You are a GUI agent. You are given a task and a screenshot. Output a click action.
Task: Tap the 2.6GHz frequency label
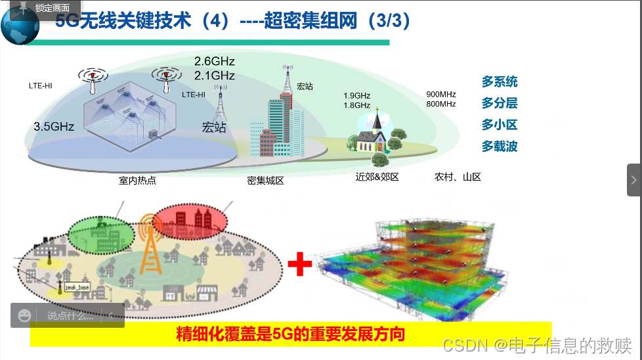214,61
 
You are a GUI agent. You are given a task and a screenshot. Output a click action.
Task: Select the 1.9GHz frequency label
356,95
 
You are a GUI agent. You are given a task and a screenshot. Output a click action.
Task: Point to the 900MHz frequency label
441,94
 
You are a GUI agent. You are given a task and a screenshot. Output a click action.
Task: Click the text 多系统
500,81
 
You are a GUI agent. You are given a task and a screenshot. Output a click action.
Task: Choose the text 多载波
500,146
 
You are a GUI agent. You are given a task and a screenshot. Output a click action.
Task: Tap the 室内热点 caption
137,180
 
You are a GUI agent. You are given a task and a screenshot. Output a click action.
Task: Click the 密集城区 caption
265,180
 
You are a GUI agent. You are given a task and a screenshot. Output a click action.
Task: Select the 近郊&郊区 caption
377,177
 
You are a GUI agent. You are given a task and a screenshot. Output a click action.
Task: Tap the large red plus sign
300,264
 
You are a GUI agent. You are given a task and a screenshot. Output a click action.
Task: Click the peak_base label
76,288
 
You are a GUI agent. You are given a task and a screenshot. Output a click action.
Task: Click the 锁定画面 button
46,8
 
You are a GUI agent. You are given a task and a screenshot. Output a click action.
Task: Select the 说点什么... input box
70,315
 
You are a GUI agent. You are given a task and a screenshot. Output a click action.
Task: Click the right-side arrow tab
634,179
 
